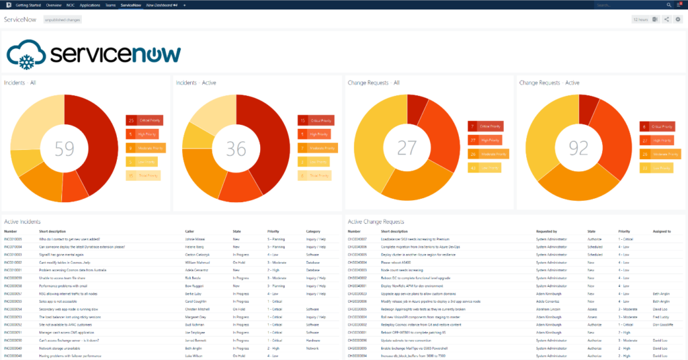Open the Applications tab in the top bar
point(90,5)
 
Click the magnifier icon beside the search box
point(669,5)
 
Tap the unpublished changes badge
point(62,20)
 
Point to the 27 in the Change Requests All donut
point(408,148)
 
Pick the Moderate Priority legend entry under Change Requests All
point(488,154)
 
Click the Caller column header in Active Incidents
point(189,231)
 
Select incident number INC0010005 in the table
point(13,239)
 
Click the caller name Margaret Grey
point(196,316)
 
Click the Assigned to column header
point(662,231)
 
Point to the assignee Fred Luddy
point(661,316)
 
